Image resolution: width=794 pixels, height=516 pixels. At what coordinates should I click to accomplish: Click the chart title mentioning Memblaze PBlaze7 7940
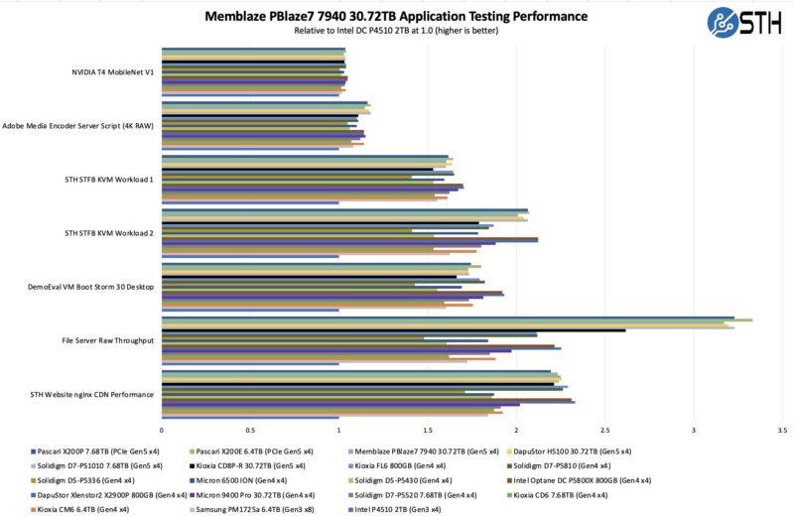pyautogui.click(x=395, y=16)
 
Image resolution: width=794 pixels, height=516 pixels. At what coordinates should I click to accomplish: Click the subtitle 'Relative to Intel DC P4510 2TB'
pyautogui.click(x=395, y=31)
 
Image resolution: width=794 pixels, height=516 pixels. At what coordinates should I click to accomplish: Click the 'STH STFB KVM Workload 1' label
pyautogui.click(x=108, y=180)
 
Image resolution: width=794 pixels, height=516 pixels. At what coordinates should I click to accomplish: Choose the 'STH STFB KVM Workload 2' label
pyautogui.click(x=108, y=233)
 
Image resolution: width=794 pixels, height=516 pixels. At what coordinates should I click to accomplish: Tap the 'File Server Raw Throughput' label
pyautogui.click(x=108, y=340)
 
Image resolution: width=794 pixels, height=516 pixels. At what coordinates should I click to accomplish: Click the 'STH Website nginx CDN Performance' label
pyautogui.click(x=94, y=394)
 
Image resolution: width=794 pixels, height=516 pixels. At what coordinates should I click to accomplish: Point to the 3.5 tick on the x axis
pyautogui.click(x=782, y=431)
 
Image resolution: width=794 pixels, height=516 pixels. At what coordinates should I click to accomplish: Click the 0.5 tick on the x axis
pyautogui.click(x=250, y=431)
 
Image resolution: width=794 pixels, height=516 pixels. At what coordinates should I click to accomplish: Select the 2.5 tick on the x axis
pyautogui.click(x=604, y=431)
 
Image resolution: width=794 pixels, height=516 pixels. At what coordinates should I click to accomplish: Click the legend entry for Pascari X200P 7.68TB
pyautogui.click(x=84, y=450)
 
